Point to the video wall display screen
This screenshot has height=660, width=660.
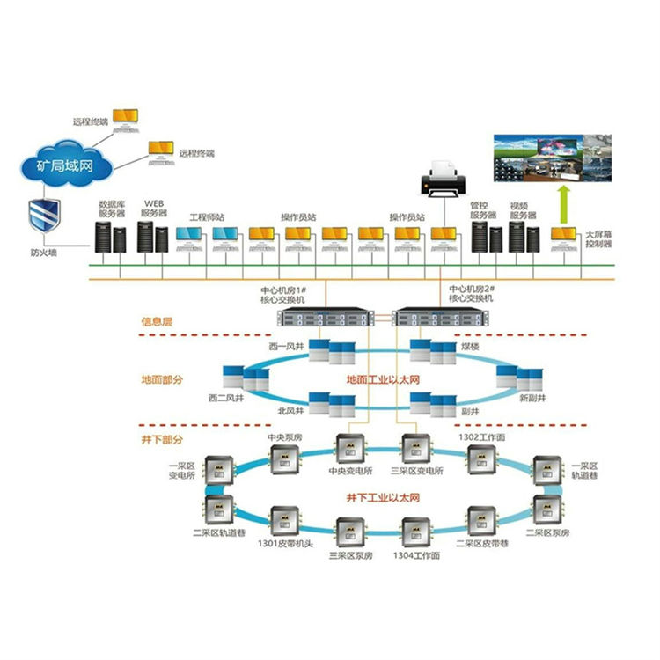click(x=552, y=156)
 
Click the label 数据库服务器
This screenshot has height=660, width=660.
click(x=112, y=208)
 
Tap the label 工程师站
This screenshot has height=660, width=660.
click(x=207, y=216)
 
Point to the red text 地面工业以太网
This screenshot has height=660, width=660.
click(x=385, y=380)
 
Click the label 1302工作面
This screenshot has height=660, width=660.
click(x=480, y=437)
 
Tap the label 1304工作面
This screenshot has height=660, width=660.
click(x=413, y=557)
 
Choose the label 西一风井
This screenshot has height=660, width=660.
click(x=287, y=346)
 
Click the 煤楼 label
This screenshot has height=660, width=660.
click(x=470, y=347)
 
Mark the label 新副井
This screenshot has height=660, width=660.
click(x=534, y=398)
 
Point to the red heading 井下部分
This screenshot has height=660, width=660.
click(x=163, y=437)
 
